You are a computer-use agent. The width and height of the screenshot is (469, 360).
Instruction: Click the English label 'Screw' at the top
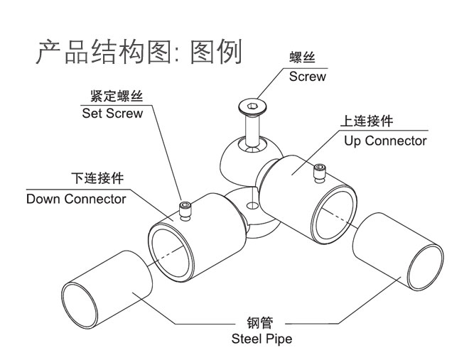(x=307, y=76)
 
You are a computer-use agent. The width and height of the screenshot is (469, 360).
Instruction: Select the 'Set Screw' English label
(x=112, y=113)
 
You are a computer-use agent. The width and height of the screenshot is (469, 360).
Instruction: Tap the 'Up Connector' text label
(x=385, y=141)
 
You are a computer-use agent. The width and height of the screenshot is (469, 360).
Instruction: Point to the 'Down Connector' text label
(x=76, y=199)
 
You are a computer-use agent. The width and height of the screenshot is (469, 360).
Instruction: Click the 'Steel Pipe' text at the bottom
(x=262, y=339)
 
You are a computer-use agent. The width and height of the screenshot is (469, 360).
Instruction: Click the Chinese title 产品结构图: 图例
(x=139, y=53)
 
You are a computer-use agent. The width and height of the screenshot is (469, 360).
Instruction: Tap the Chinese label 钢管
(x=262, y=322)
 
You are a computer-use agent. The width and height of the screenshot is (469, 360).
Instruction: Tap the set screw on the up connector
(x=318, y=170)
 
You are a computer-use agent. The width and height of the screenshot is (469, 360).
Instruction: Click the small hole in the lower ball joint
(x=249, y=206)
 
